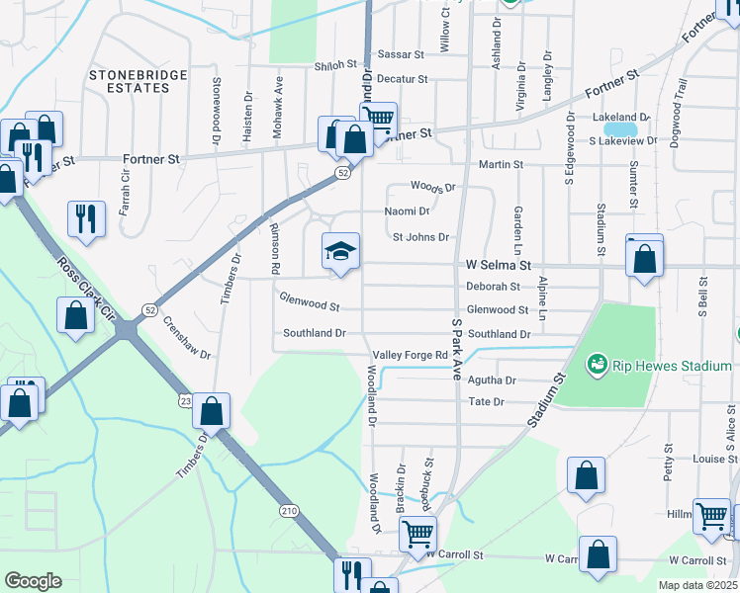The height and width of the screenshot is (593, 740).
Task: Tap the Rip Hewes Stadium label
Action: pyautogui.click(x=671, y=367)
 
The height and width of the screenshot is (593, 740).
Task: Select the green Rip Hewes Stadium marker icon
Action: pyautogui.click(x=596, y=366)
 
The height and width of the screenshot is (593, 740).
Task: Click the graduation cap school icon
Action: pyautogui.click(x=340, y=252)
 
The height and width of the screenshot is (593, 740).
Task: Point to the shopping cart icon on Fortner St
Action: pyautogui.click(x=378, y=121)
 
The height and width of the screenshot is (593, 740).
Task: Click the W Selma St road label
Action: pyautogui.click(x=499, y=265)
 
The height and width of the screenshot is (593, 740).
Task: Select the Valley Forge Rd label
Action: pyautogui.click(x=411, y=355)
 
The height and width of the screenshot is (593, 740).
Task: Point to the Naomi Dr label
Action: pyautogui.click(x=408, y=212)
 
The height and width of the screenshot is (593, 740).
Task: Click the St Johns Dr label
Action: pyautogui.click(x=420, y=237)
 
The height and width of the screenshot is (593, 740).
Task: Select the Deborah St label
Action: pyautogui.click(x=493, y=287)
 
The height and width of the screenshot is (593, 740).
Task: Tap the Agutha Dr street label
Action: pyautogui.click(x=492, y=380)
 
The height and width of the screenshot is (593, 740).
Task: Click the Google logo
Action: pyautogui.click(x=33, y=581)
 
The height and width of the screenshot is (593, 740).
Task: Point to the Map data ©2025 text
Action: pyautogui.click(x=697, y=585)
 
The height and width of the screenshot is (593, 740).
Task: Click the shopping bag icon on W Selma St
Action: pyautogui.click(x=645, y=260)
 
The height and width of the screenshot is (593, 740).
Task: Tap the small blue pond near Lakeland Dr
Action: pyautogui.click(x=620, y=129)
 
